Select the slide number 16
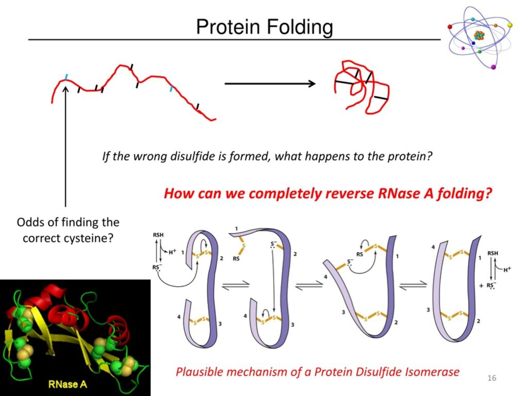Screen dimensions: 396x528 point(491,379)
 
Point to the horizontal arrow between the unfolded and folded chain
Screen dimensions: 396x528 point(270,84)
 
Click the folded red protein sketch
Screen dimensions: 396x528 point(361,88)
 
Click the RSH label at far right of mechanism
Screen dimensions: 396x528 point(493,253)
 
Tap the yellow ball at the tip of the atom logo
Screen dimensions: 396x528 point(510,24)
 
